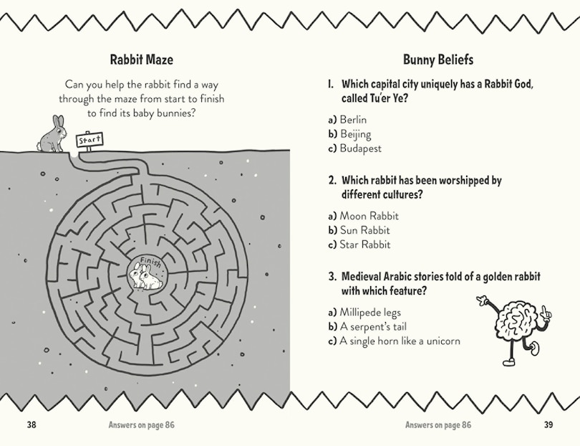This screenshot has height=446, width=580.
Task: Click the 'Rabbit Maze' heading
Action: (141, 60)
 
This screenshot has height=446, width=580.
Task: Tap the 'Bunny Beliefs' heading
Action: (438, 60)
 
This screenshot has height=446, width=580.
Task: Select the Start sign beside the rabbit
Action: (90, 140)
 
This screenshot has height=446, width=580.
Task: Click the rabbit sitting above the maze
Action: (52, 134)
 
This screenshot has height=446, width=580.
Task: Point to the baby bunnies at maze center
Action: (145, 277)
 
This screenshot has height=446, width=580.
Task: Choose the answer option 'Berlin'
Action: (353, 120)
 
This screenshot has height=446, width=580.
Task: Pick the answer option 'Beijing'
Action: (355, 134)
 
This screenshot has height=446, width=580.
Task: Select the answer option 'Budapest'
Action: (360, 148)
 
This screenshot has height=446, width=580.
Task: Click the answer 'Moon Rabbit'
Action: (369, 216)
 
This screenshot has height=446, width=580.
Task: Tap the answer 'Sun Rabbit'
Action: (364, 230)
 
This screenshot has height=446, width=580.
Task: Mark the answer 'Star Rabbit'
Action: (364, 245)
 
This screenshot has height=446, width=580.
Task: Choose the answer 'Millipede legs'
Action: (370, 312)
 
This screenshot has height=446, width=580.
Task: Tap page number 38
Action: (32, 424)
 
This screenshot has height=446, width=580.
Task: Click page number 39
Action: (548, 424)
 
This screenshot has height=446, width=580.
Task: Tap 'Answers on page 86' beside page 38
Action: (140, 424)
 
